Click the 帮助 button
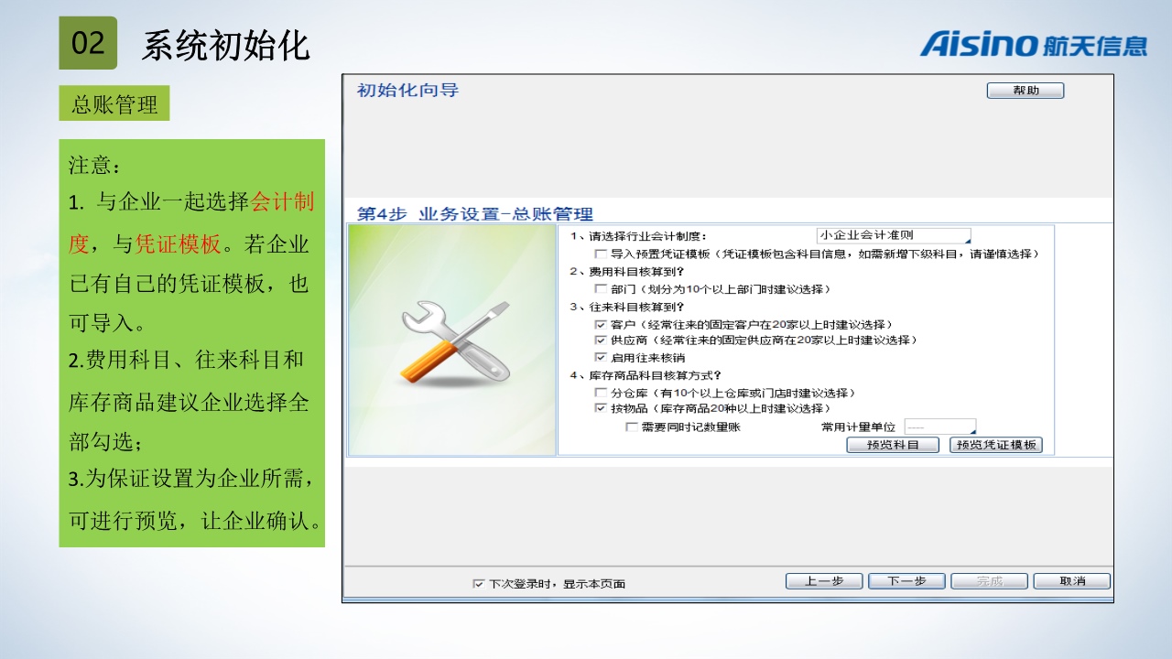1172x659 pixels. coord(1025,91)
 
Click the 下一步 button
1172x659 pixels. coord(906,581)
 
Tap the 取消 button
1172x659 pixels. coord(1072,581)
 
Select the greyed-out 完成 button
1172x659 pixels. coord(990,581)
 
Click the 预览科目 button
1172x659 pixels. coord(893,445)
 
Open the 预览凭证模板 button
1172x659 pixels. coord(996,445)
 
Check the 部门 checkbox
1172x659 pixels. coord(601,288)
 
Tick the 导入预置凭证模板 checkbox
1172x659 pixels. coord(601,254)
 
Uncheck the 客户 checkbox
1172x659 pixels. coord(601,324)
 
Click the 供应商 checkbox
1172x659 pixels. coord(601,340)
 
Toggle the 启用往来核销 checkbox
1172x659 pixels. coord(601,357)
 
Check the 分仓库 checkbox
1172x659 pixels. coord(601,393)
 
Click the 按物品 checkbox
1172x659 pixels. coord(601,408)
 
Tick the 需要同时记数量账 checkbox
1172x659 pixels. coord(632,427)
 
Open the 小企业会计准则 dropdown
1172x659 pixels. coord(894,235)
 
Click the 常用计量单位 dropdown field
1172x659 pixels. coord(940,427)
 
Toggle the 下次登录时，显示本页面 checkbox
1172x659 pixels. coord(478,584)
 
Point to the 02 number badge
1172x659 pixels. coord(88,43)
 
